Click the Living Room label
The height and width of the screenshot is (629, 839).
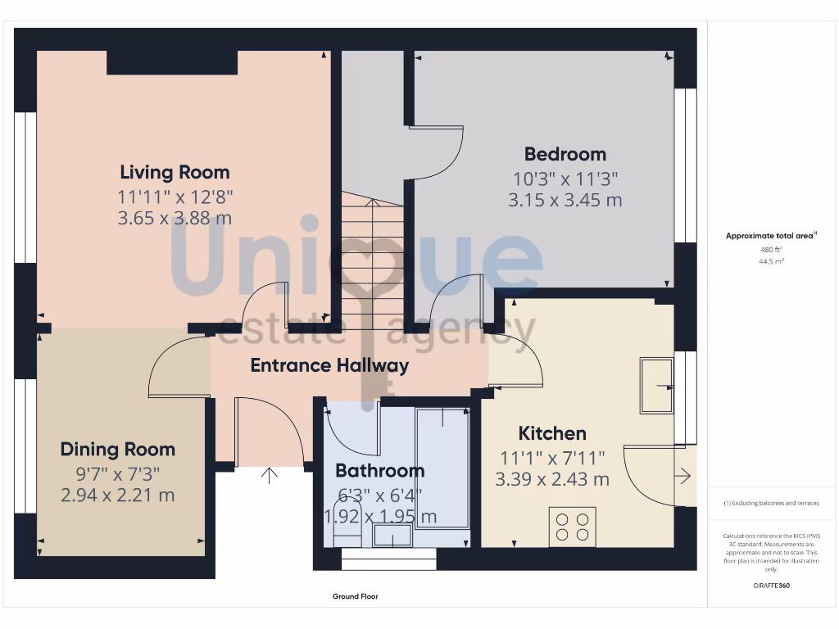[175, 172]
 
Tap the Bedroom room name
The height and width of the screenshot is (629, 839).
[565, 154]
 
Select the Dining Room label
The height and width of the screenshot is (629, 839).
[118, 449]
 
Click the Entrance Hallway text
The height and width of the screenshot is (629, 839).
[329, 365]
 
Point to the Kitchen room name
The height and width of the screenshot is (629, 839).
[552, 433]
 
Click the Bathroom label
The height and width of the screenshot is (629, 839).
[380, 470]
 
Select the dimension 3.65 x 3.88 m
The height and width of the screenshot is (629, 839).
[175, 218]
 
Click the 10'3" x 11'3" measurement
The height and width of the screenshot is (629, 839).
[565, 178]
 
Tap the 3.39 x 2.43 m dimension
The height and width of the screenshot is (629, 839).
[552, 479]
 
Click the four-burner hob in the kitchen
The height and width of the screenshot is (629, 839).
[573, 526]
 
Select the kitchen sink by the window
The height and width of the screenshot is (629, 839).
[656, 386]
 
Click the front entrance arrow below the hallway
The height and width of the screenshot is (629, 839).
[269, 476]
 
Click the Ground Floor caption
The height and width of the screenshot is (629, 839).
[356, 596]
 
